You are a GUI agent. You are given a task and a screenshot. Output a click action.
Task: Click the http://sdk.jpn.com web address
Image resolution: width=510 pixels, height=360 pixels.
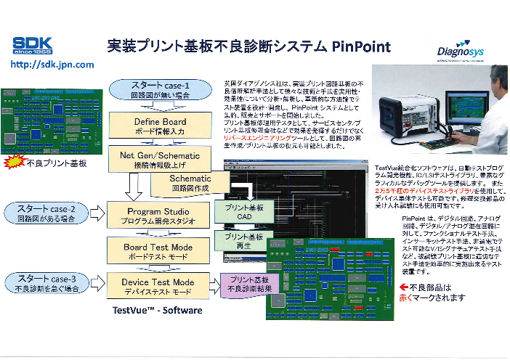[51, 65]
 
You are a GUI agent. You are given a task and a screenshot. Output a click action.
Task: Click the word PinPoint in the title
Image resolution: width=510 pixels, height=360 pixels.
[360, 46]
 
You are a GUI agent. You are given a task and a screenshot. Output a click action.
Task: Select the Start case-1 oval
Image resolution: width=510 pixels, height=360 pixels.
[160, 89]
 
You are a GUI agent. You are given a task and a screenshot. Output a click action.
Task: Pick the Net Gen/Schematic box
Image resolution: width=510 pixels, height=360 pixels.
[160, 158]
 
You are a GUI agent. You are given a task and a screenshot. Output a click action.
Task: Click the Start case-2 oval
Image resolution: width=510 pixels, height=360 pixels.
[43, 214]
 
